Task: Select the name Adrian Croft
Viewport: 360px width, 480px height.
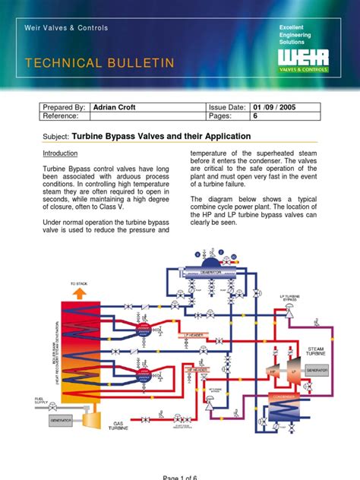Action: click(118, 108)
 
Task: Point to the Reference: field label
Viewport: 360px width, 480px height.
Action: click(64, 118)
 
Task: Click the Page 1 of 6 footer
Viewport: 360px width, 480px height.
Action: click(180, 475)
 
